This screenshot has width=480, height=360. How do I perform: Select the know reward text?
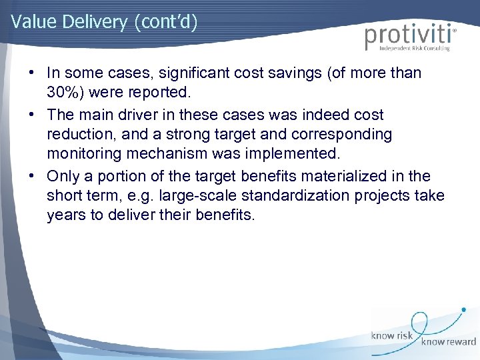(x=448, y=342)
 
